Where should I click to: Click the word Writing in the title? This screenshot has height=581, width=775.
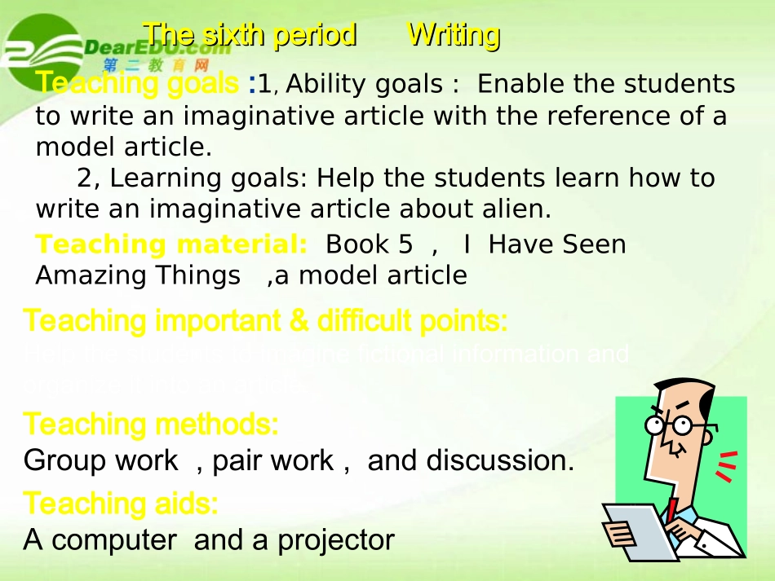click(454, 35)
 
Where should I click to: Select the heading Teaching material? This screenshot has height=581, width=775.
click(171, 244)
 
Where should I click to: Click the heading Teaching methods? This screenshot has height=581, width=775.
click(152, 424)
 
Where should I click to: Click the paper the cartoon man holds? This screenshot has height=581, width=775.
click(641, 530)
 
